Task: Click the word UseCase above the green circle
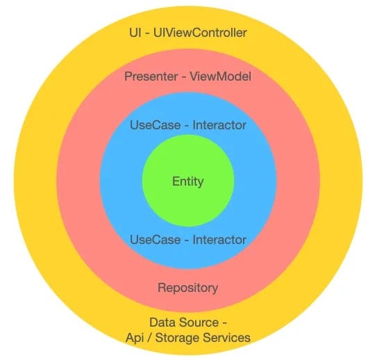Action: [x=151, y=126]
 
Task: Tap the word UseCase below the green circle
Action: [x=151, y=240]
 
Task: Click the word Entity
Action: [x=187, y=182]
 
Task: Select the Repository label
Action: [x=187, y=287]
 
